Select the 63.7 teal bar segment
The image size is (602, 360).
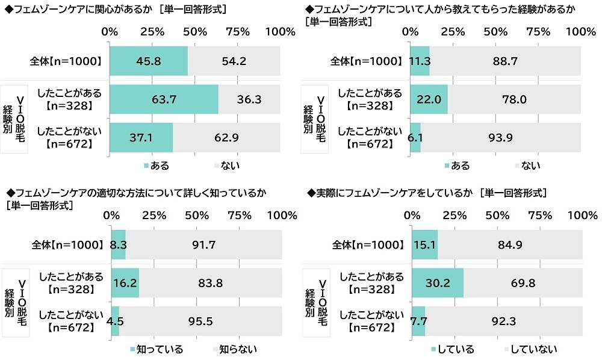(164, 99)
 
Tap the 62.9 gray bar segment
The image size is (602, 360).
(226, 137)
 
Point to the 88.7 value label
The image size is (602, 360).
(505, 61)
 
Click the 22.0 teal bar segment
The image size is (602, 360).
(429, 99)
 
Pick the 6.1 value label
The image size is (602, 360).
(415, 137)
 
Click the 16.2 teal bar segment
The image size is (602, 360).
(125, 283)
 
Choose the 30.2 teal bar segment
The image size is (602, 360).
(437, 283)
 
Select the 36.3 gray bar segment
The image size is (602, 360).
(249, 99)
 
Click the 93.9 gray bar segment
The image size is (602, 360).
(501, 137)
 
